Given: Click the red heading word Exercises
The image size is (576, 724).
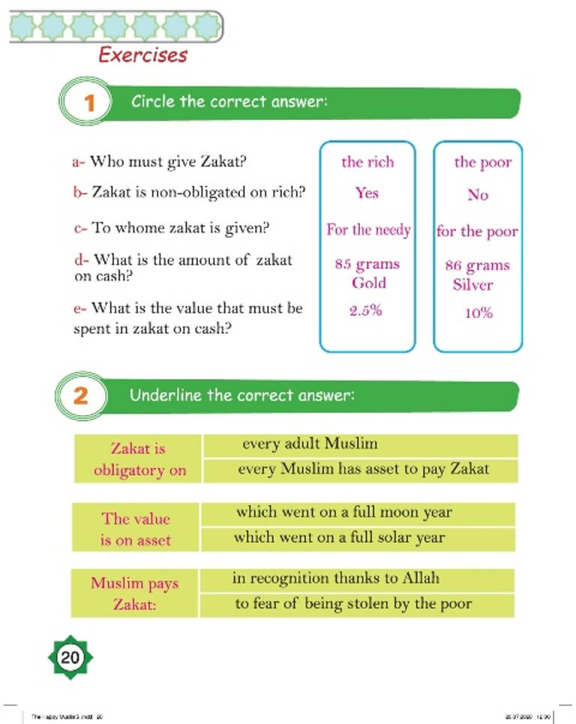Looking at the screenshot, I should click(x=142, y=55).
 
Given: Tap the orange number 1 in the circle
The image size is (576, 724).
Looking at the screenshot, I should click(x=88, y=104).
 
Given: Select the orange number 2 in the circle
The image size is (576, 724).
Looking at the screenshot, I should click(x=79, y=395).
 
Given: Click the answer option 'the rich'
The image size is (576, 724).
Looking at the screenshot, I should click(x=367, y=162).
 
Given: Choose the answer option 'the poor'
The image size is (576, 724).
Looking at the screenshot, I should click(x=482, y=162).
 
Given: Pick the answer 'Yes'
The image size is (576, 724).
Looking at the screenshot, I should click(x=367, y=194).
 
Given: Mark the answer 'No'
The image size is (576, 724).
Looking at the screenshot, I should click(x=478, y=195).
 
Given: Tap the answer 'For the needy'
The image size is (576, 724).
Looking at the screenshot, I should click(x=368, y=230).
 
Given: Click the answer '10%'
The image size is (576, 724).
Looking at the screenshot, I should click(x=478, y=313).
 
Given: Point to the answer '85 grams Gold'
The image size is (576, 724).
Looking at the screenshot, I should click(x=367, y=273).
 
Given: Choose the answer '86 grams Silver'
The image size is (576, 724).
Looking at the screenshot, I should click(x=477, y=275).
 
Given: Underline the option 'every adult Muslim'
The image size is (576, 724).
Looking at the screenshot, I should click(x=310, y=443).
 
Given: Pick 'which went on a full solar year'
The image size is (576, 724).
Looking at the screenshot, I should click(x=339, y=537).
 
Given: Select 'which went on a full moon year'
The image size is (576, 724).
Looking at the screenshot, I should click(x=343, y=512).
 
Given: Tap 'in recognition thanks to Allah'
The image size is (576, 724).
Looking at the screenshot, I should click(x=335, y=578).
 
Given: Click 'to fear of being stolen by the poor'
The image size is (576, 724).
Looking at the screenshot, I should click(x=352, y=604).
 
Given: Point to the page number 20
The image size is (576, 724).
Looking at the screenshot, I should click(x=70, y=658).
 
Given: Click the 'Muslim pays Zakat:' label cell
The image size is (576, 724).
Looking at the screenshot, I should click(x=134, y=593).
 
